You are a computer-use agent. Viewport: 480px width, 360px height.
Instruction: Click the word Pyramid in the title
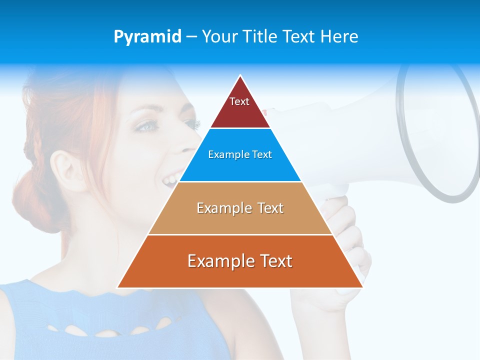coord(147,37)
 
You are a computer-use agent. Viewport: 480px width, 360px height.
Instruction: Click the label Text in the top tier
coord(239,101)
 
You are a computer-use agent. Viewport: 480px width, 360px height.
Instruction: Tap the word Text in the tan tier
coord(270,208)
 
